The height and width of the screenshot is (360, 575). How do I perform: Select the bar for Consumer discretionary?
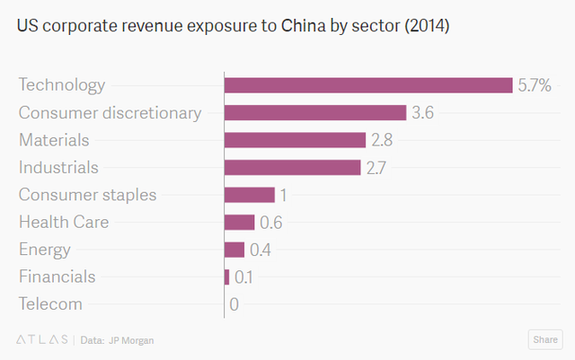coord(315,112)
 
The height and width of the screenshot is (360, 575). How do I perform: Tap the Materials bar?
coord(295,140)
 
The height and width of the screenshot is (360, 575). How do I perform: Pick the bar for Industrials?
coord(292,167)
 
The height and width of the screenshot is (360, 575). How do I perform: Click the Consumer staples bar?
coord(249,195)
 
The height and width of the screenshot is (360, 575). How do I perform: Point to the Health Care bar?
coord(240,222)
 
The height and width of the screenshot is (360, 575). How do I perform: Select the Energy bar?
coord(234,250)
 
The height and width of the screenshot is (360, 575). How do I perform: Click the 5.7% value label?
coord(535,85)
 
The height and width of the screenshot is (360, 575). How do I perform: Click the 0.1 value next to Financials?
coord(243,277)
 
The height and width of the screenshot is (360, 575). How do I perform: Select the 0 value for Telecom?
coord(234,304)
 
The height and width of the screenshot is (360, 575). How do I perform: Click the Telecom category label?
coord(50,304)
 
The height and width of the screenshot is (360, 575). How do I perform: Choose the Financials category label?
coord(57,277)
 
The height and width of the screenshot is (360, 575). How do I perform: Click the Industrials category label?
coord(58,167)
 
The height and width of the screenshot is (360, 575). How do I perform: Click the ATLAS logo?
coord(42,339)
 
